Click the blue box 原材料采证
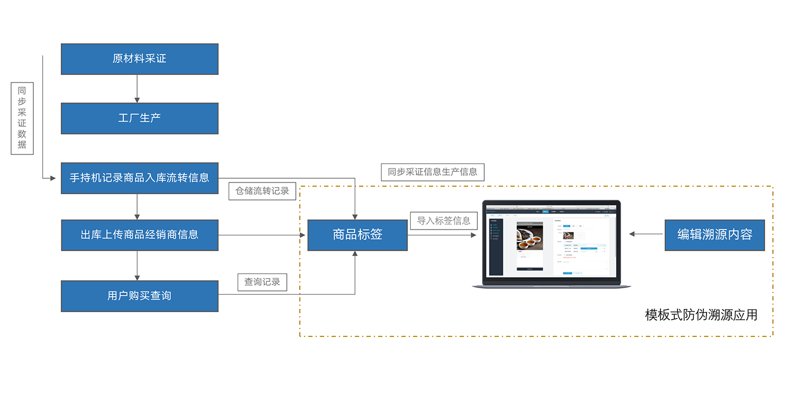point(140,59)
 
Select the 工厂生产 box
point(140,118)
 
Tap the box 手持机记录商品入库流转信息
point(140,178)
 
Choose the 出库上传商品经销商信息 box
point(140,235)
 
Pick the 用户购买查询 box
point(140,296)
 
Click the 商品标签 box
point(357,235)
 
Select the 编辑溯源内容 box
point(714,235)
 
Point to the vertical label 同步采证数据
point(22,118)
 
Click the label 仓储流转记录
point(262,191)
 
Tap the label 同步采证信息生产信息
point(432,172)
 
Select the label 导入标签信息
point(443,221)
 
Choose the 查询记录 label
point(262,282)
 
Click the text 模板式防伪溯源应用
point(701,315)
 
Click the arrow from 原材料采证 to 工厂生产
point(137,88)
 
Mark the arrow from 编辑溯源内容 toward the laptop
point(646,234)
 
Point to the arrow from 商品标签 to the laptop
point(442,235)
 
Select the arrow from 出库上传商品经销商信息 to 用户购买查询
point(137,266)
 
